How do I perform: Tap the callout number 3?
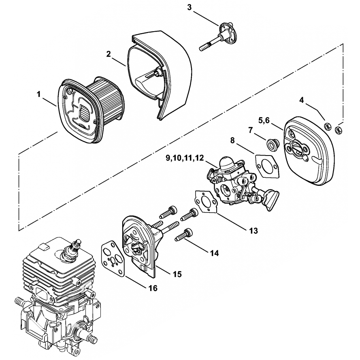190,8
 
